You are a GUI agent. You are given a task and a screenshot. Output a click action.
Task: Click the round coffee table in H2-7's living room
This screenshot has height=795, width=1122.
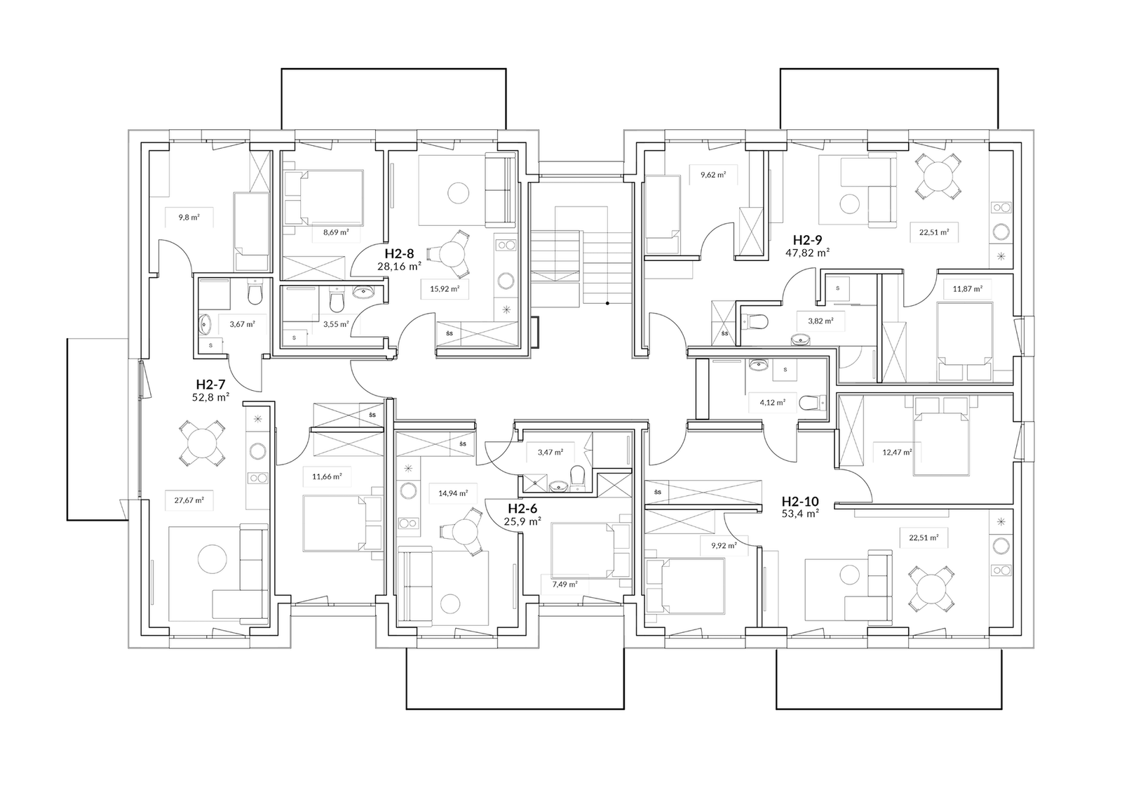click(x=212, y=560)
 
